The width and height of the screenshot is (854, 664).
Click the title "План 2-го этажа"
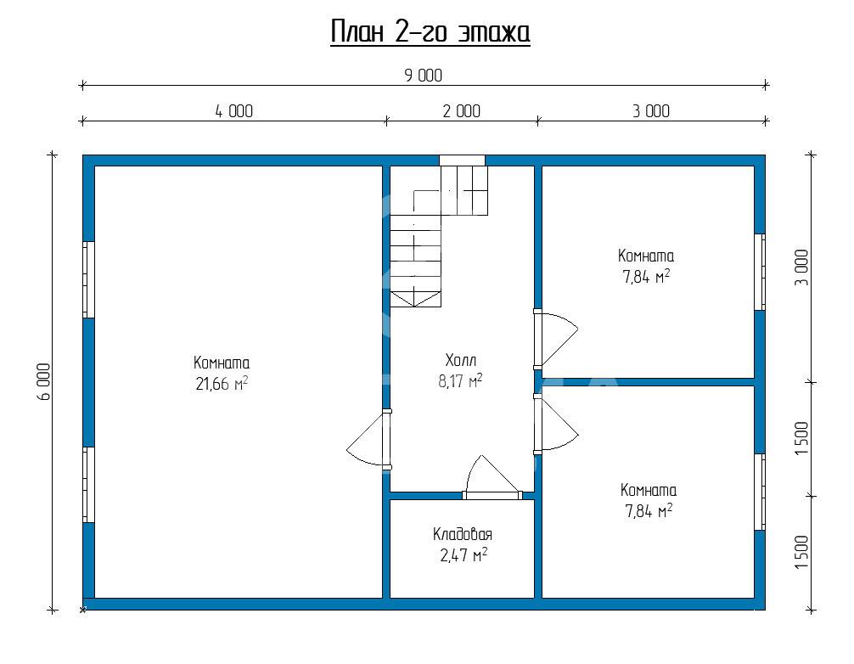pyautogui.click(x=430, y=32)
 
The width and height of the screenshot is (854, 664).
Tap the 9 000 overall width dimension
pyautogui.click(x=424, y=76)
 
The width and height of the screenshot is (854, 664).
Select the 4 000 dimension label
pyautogui.click(x=234, y=111)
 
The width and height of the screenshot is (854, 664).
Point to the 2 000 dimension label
pyautogui.click(x=461, y=111)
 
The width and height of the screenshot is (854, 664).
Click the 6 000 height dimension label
pyautogui.click(x=44, y=382)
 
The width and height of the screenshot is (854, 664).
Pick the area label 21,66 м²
pyautogui.click(x=222, y=384)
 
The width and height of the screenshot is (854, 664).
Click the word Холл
pyautogui.click(x=461, y=360)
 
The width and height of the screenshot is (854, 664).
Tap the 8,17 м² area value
pyautogui.click(x=460, y=380)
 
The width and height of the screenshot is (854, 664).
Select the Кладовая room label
pyautogui.click(x=463, y=534)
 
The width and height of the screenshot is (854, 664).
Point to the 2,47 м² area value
pyautogui.click(x=464, y=555)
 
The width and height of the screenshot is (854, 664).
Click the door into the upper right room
pyautogui.click(x=554, y=339)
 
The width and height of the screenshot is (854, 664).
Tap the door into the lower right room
pyautogui.click(x=554, y=424)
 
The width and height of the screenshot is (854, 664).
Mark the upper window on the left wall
pyautogui.click(x=88, y=279)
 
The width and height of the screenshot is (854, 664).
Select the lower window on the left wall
pyautogui.click(x=88, y=485)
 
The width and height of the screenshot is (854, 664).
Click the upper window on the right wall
pyautogui.click(x=760, y=273)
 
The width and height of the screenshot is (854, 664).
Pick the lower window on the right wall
pyautogui.click(x=760, y=492)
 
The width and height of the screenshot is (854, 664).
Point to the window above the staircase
pyautogui.click(x=462, y=160)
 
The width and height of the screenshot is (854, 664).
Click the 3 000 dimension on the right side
pyautogui.click(x=802, y=267)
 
